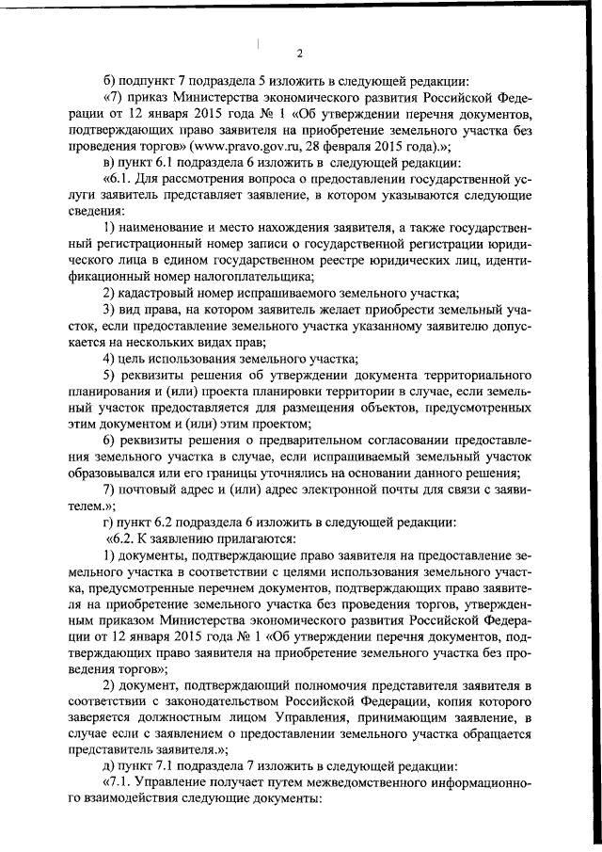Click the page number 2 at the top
click(x=299, y=52)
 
